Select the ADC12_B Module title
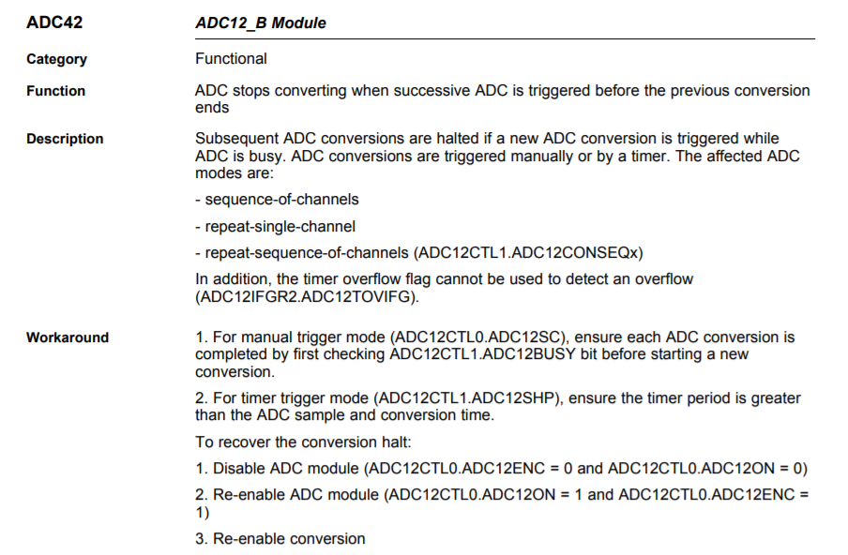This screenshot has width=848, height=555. [x=261, y=22]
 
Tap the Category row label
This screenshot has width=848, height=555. [x=56, y=59]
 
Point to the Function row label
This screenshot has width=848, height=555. [x=55, y=91]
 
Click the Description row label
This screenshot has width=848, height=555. [x=65, y=139]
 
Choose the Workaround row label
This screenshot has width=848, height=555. [x=68, y=337]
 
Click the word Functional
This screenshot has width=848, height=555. [x=231, y=58]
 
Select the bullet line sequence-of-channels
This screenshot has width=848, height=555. [x=277, y=200]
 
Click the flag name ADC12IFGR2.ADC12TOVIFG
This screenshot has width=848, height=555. [x=307, y=296]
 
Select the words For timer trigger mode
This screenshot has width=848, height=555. [x=281, y=398]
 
